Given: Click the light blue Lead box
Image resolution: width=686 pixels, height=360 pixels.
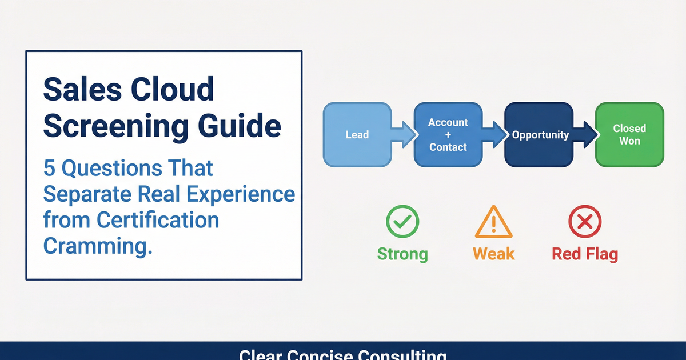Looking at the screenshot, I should (x=357, y=135).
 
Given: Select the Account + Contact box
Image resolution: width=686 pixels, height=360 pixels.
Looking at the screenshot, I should (x=448, y=135).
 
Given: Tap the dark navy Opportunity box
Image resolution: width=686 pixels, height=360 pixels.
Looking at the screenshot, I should (x=540, y=135).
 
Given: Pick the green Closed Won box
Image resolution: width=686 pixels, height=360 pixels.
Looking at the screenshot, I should (x=629, y=135).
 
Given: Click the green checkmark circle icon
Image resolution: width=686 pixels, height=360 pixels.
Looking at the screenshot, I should (x=402, y=222).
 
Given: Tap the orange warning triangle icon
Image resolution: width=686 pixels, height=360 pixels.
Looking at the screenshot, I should (x=494, y=222).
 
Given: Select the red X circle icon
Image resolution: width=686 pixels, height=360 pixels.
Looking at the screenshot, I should (x=585, y=222).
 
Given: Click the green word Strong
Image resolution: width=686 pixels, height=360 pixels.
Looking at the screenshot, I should (x=402, y=254).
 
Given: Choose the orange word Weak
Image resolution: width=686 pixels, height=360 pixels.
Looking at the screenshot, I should (x=494, y=254).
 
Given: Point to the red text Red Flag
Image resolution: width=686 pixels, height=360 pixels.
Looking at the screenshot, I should (x=585, y=254).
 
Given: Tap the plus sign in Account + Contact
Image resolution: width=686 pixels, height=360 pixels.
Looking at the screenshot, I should (x=448, y=135).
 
